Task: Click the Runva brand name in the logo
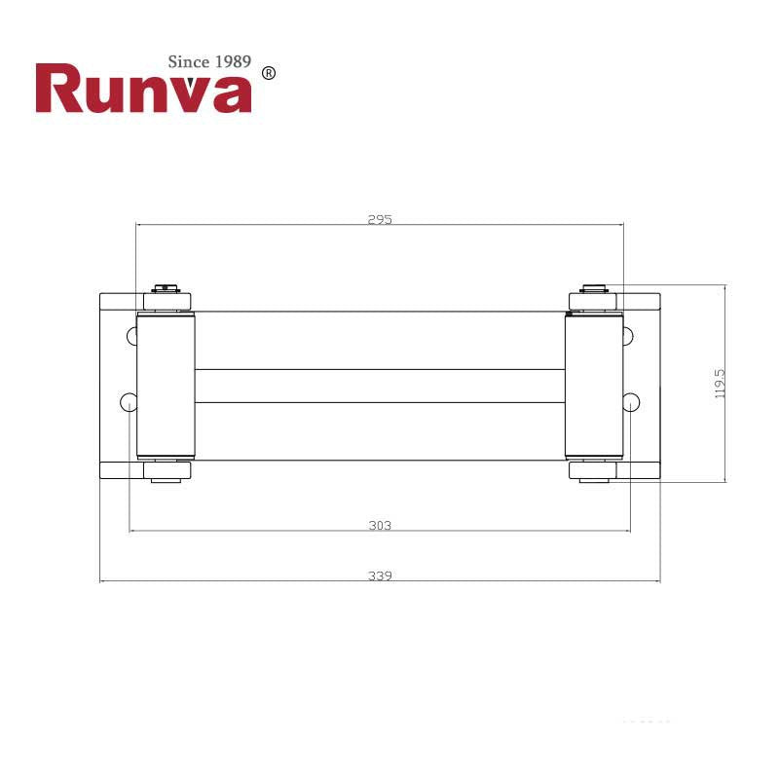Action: [x=144, y=90]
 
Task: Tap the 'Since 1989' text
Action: [x=209, y=62]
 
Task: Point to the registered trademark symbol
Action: [x=270, y=73]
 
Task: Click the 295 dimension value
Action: [x=380, y=220]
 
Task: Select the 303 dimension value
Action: [x=380, y=526]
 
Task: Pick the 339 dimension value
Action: [x=380, y=575]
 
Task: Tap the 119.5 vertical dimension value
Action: [x=721, y=383]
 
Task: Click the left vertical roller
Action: [x=166, y=387]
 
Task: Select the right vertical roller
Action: [x=593, y=387]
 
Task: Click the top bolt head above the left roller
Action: [x=166, y=287]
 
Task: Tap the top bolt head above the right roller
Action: [x=593, y=287]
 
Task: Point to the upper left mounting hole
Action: [x=132, y=337]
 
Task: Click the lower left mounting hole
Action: [x=128, y=401]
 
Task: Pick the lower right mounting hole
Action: [x=631, y=401]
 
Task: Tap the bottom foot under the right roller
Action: [x=593, y=473]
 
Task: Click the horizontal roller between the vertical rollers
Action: [x=380, y=387]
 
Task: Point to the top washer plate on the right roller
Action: [x=593, y=300]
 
